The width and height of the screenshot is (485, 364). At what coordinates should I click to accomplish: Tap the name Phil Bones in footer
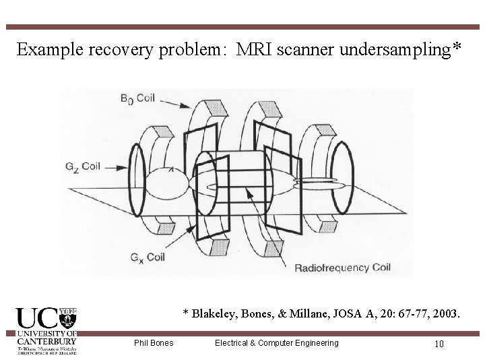point(154,343)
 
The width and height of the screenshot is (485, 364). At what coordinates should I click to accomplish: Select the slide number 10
point(439,344)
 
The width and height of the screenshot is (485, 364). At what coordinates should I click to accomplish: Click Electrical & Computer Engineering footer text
point(276,343)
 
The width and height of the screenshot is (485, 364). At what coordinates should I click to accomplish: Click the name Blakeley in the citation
point(214,313)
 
